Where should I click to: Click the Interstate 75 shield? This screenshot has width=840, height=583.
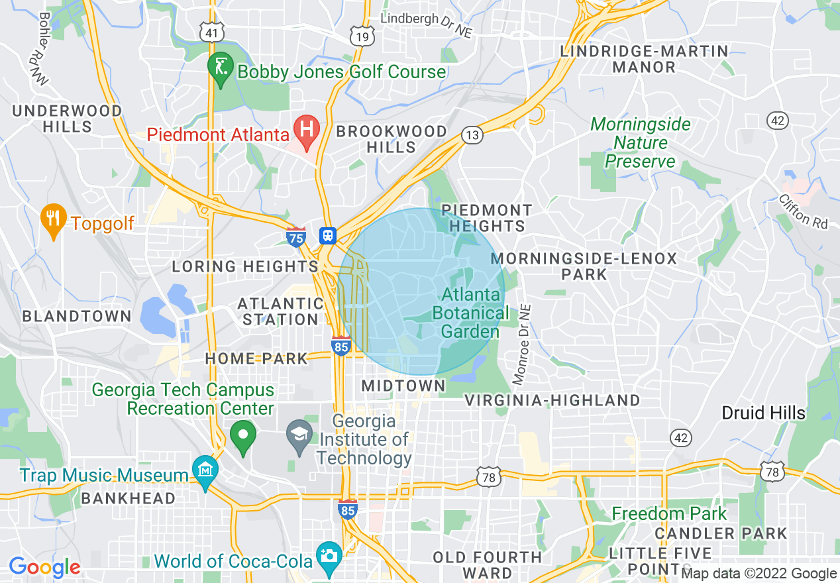point(296,237)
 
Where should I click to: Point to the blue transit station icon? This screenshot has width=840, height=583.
point(327,235)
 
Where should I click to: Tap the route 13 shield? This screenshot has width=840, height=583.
point(472,135)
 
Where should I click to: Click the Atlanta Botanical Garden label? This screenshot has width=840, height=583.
point(471,313)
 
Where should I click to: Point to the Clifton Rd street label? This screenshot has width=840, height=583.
point(803,211)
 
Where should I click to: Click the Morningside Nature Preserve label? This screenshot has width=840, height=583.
point(640,142)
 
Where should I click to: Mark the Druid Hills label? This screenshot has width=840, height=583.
point(763,413)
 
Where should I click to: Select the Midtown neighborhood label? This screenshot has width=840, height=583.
point(403,386)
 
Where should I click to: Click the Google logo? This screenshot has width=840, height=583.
point(44,567)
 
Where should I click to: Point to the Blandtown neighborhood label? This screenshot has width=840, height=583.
point(77,316)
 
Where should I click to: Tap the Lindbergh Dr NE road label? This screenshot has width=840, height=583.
point(430,25)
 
